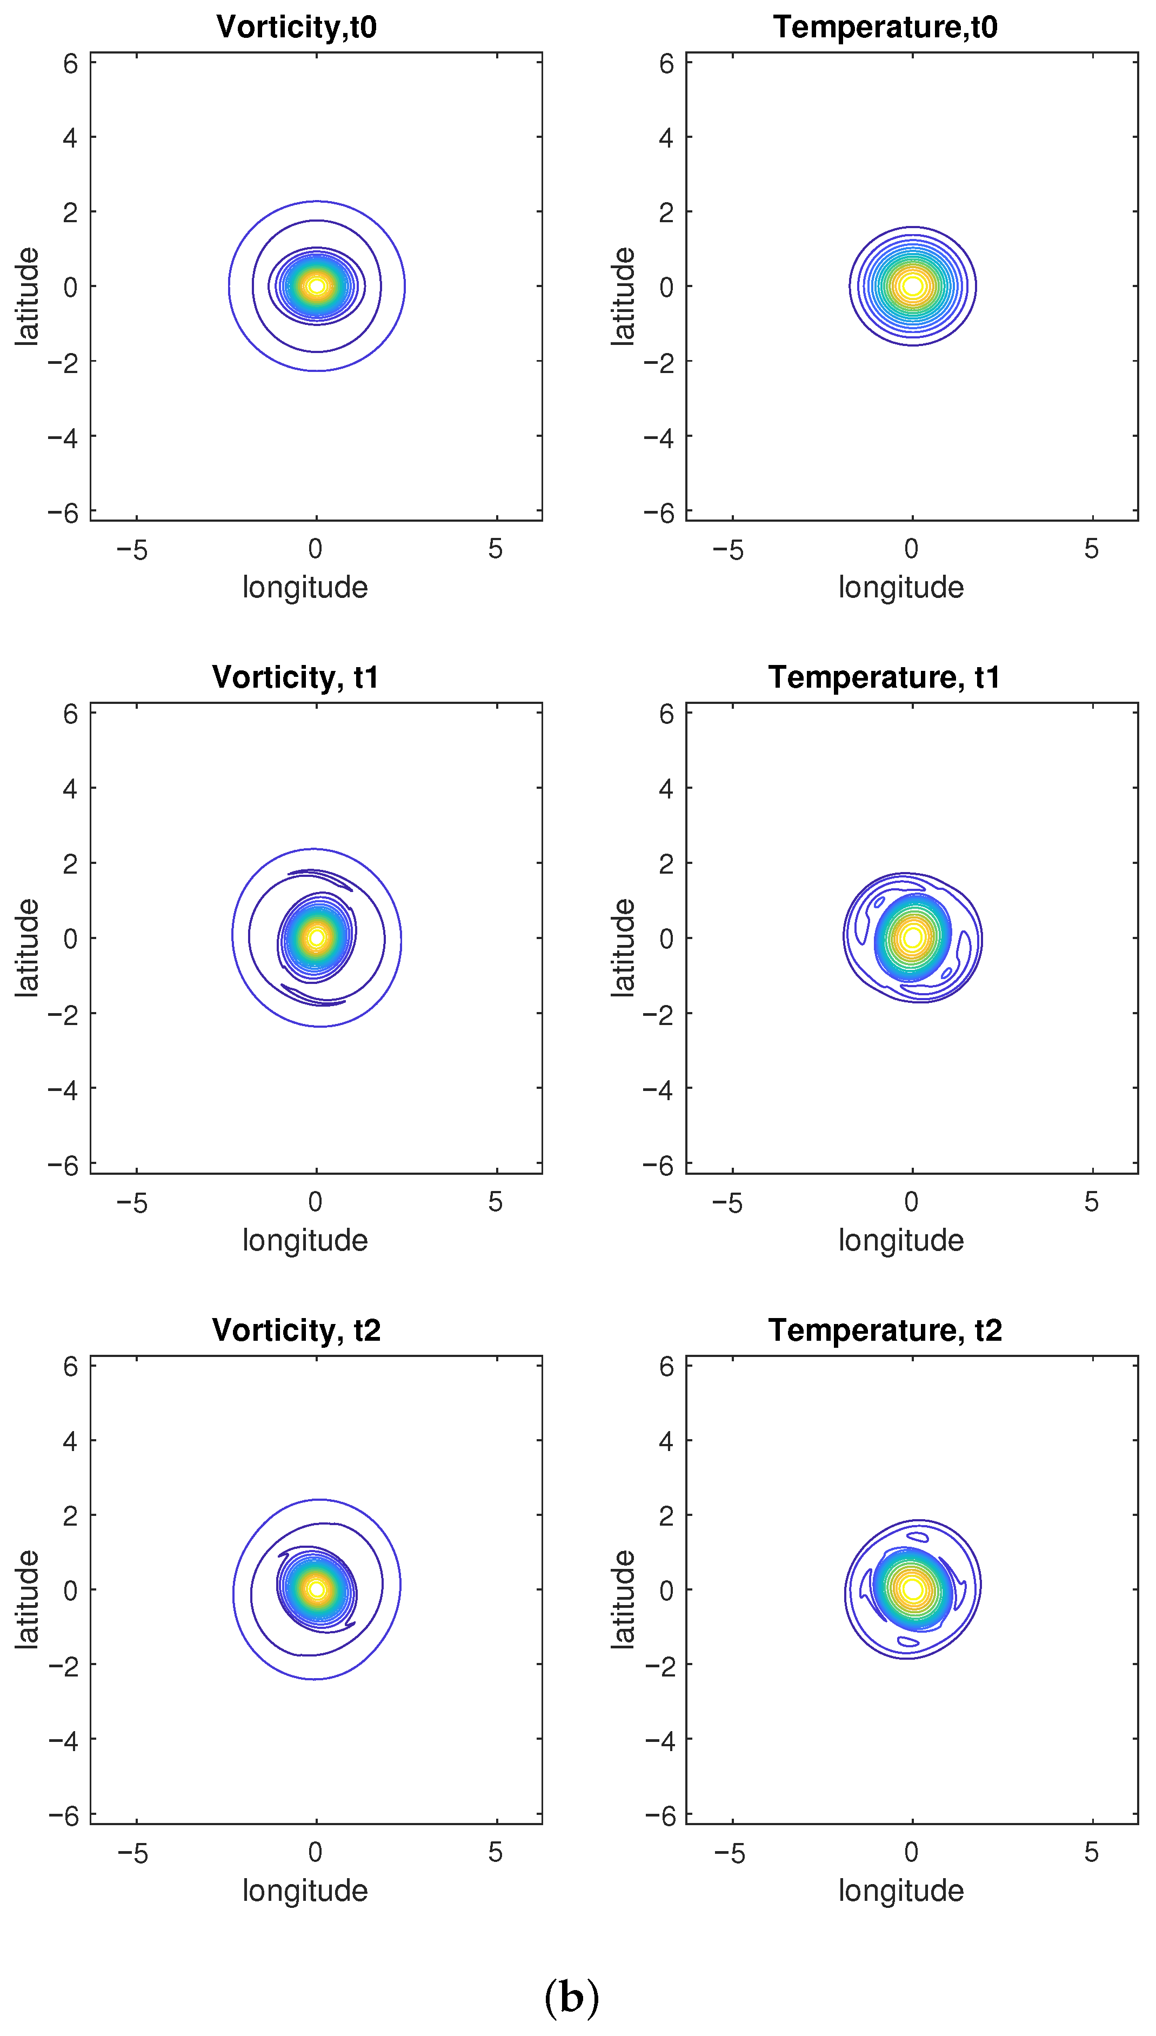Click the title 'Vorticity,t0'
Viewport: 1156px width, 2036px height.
point(296,27)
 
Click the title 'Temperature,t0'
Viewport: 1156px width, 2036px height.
point(885,27)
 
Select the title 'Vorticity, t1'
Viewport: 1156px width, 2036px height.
point(296,677)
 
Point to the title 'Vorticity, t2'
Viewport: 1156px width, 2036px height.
point(296,1330)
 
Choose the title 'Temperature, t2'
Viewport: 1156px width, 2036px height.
point(885,1330)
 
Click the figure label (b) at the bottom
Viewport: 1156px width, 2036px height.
point(572,1998)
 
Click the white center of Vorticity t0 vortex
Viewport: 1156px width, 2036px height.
point(317,286)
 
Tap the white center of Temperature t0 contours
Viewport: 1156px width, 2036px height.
point(913,286)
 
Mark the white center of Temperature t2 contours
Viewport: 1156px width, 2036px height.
point(912,1590)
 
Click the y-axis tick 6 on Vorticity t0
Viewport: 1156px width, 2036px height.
point(71,64)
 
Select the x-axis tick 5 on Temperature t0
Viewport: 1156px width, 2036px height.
point(1092,549)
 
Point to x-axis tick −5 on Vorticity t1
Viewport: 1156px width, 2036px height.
point(132,1202)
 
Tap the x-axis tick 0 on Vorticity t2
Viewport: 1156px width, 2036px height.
point(315,1853)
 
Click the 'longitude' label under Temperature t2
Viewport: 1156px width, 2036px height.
point(901,1891)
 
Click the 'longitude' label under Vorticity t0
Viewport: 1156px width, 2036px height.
point(305,588)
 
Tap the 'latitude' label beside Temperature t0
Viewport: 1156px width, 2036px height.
point(623,296)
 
